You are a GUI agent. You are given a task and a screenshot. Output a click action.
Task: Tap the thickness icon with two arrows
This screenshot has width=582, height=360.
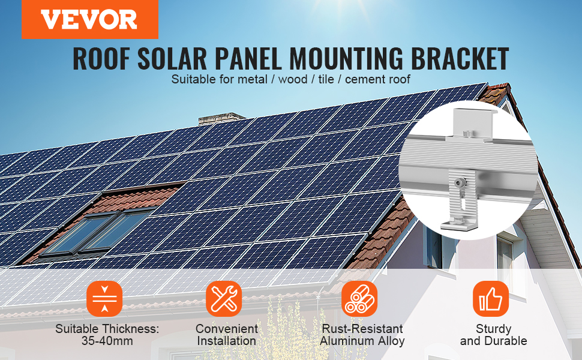[104, 298]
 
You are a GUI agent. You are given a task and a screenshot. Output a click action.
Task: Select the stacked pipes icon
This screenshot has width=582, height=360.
[359, 298]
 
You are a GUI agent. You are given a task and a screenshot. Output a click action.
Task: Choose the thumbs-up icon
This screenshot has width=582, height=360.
[491, 298]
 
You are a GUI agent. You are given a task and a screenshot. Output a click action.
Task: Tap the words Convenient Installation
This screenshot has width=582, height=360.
[226, 335]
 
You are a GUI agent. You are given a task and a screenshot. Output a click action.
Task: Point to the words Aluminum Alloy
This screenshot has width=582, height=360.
[362, 341]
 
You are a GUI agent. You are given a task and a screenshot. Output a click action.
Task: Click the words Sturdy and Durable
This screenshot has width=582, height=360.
[493, 335]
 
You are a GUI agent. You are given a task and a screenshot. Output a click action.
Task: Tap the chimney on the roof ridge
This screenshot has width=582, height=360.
[221, 118]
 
